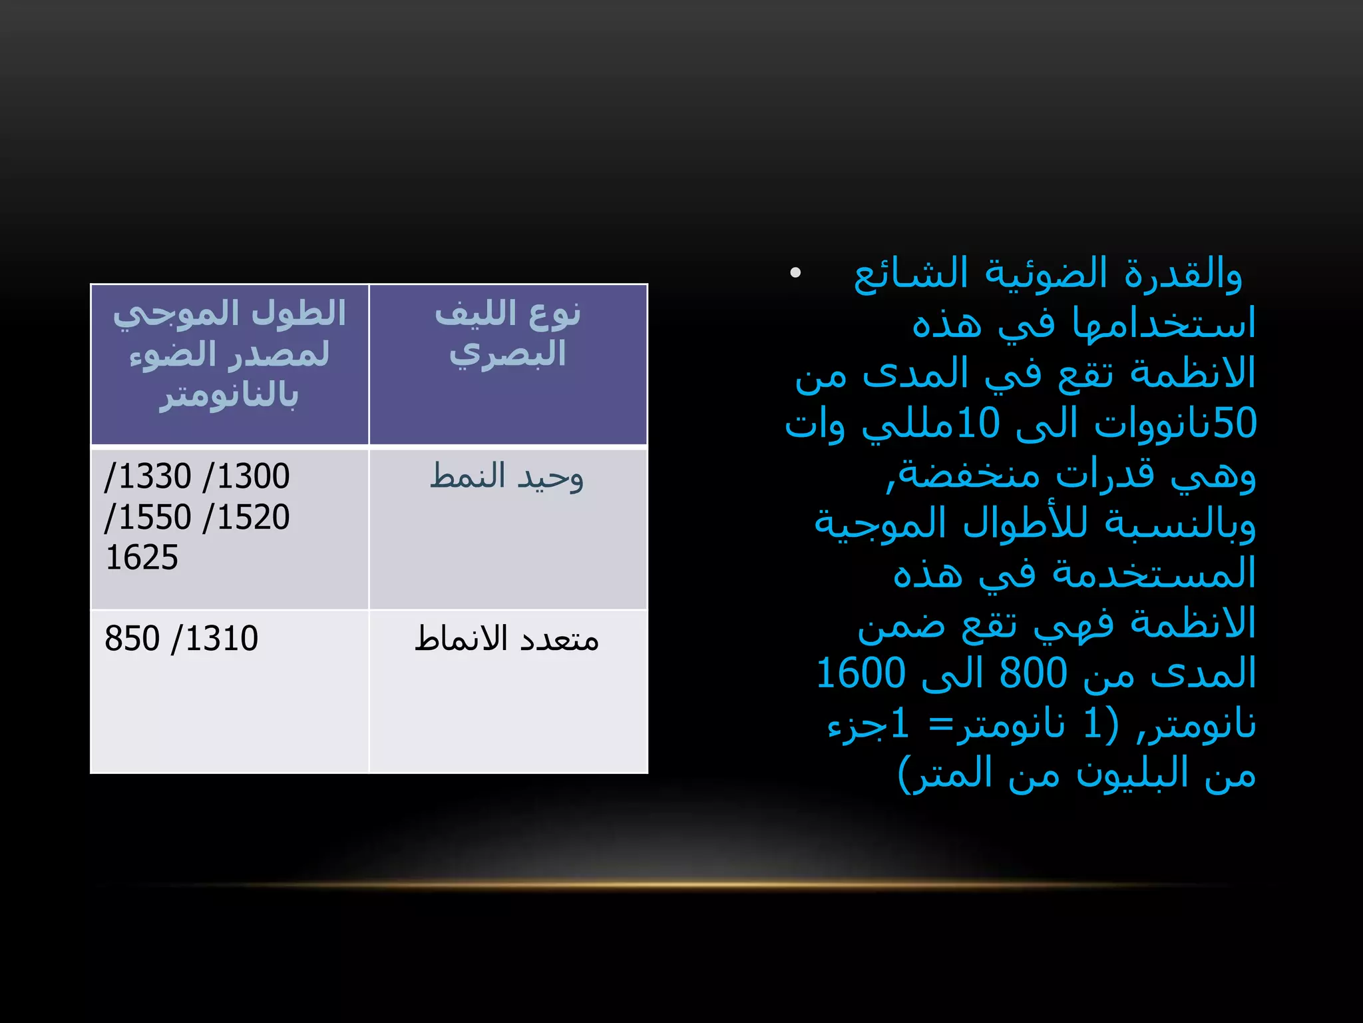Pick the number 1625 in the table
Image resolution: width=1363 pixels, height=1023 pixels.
142,557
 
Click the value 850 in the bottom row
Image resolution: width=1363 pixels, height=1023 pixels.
132,638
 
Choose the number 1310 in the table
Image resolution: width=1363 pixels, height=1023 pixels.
221,638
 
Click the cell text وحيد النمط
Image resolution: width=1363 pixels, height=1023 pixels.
506,477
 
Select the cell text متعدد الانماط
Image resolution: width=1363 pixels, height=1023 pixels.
506,639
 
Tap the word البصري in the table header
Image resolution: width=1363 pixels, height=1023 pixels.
507,354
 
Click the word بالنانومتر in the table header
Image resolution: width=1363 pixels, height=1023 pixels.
228,395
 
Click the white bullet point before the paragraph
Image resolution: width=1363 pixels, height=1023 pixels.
795,272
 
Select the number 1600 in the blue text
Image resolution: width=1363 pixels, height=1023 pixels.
861,673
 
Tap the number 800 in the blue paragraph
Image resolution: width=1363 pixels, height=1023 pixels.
1033,673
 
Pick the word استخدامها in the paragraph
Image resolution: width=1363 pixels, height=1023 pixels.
1164,324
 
